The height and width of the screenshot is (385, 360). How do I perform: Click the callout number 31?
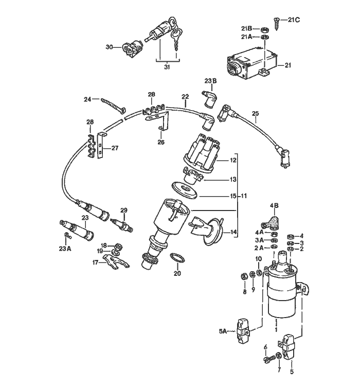166,67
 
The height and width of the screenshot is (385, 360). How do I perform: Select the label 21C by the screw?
294,20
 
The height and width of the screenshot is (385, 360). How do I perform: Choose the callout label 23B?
211,81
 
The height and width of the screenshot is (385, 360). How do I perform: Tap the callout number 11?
244,196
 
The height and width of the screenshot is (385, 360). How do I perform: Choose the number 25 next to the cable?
255,113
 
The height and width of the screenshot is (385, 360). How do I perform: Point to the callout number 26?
161,142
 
